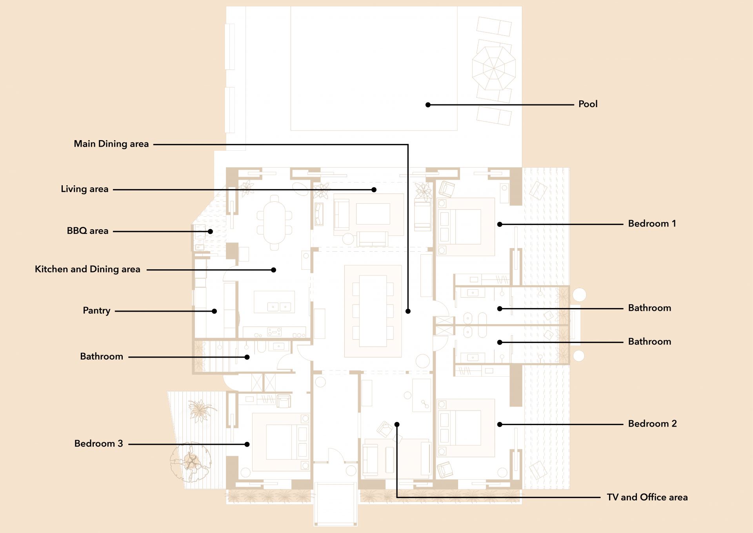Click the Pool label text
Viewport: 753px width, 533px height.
[x=588, y=104]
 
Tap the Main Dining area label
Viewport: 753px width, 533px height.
[x=111, y=144]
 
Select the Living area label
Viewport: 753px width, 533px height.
[x=85, y=189]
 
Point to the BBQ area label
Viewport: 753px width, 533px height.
[x=87, y=231]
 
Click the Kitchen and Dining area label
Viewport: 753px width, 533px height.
[x=87, y=269]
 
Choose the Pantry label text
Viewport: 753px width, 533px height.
[x=96, y=310]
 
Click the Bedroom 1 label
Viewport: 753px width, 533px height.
[x=652, y=224]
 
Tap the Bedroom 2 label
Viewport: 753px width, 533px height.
[x=653, y=424]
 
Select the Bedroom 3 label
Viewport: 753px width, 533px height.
[x=99, y=444]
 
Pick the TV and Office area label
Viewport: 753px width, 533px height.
[x=648, y=497]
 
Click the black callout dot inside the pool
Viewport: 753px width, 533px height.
[x=428, y=105]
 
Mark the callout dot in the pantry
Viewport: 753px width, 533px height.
[x=215, y=311]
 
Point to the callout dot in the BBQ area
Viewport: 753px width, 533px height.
[x=211, y=232]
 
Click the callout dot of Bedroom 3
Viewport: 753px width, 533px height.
[x=247, y=444]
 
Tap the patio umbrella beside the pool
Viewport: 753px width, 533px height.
[x=493, y=68]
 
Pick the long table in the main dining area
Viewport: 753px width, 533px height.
[x=373, y=311]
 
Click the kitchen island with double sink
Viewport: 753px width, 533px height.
[x=275, y=301]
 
